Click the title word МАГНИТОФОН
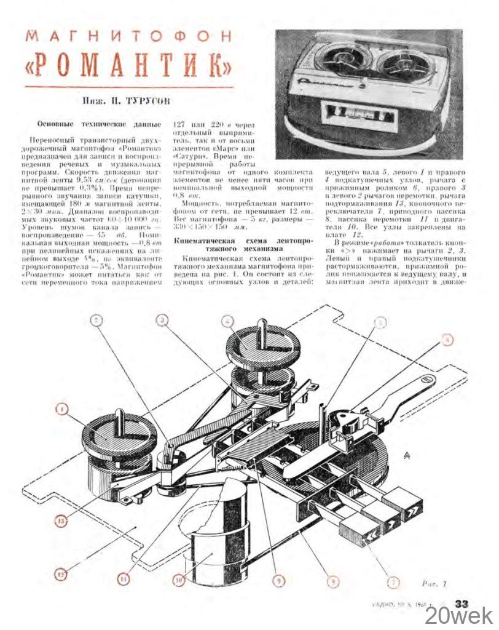(x=129, y=36)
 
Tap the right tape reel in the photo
(x=406, y=64)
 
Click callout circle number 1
(x=62, y=409)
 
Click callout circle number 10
(x=179, y=580)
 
